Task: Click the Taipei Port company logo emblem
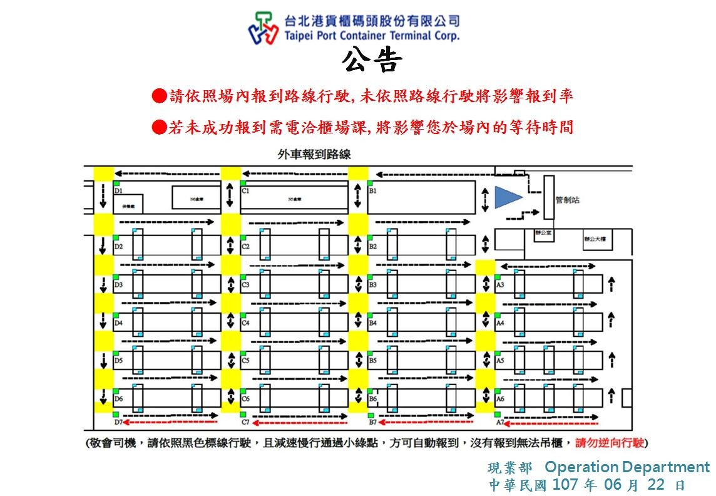pyautogui.click(x=263, y=28)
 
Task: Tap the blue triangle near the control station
pyautogui.click(x=507, y=197)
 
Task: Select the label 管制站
pyautogui.click(x=567, y=200)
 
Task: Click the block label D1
pyautogui.click(x=118, y=190)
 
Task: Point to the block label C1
pyautogui.click(x=245, y=190)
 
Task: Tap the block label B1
pyautogui.click(x=372, y=190)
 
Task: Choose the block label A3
pyautogui.click(x=500, y=285)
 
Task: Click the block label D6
pyautogui.click(x=118, y=399)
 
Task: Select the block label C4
pyautogui.click(x=245, y=323)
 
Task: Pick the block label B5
pyautogui.click(x=372, y=361)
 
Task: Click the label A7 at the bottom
pyautogui.click(x=500, y=423)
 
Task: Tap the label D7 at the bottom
pyautogui.click(x=118, y=423)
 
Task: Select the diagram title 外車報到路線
pyautogui.click(x=314, y=154)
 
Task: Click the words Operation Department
pyautogui.click(x=626, y=467)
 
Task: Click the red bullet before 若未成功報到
pyautogui.click(x=160, y=128)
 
